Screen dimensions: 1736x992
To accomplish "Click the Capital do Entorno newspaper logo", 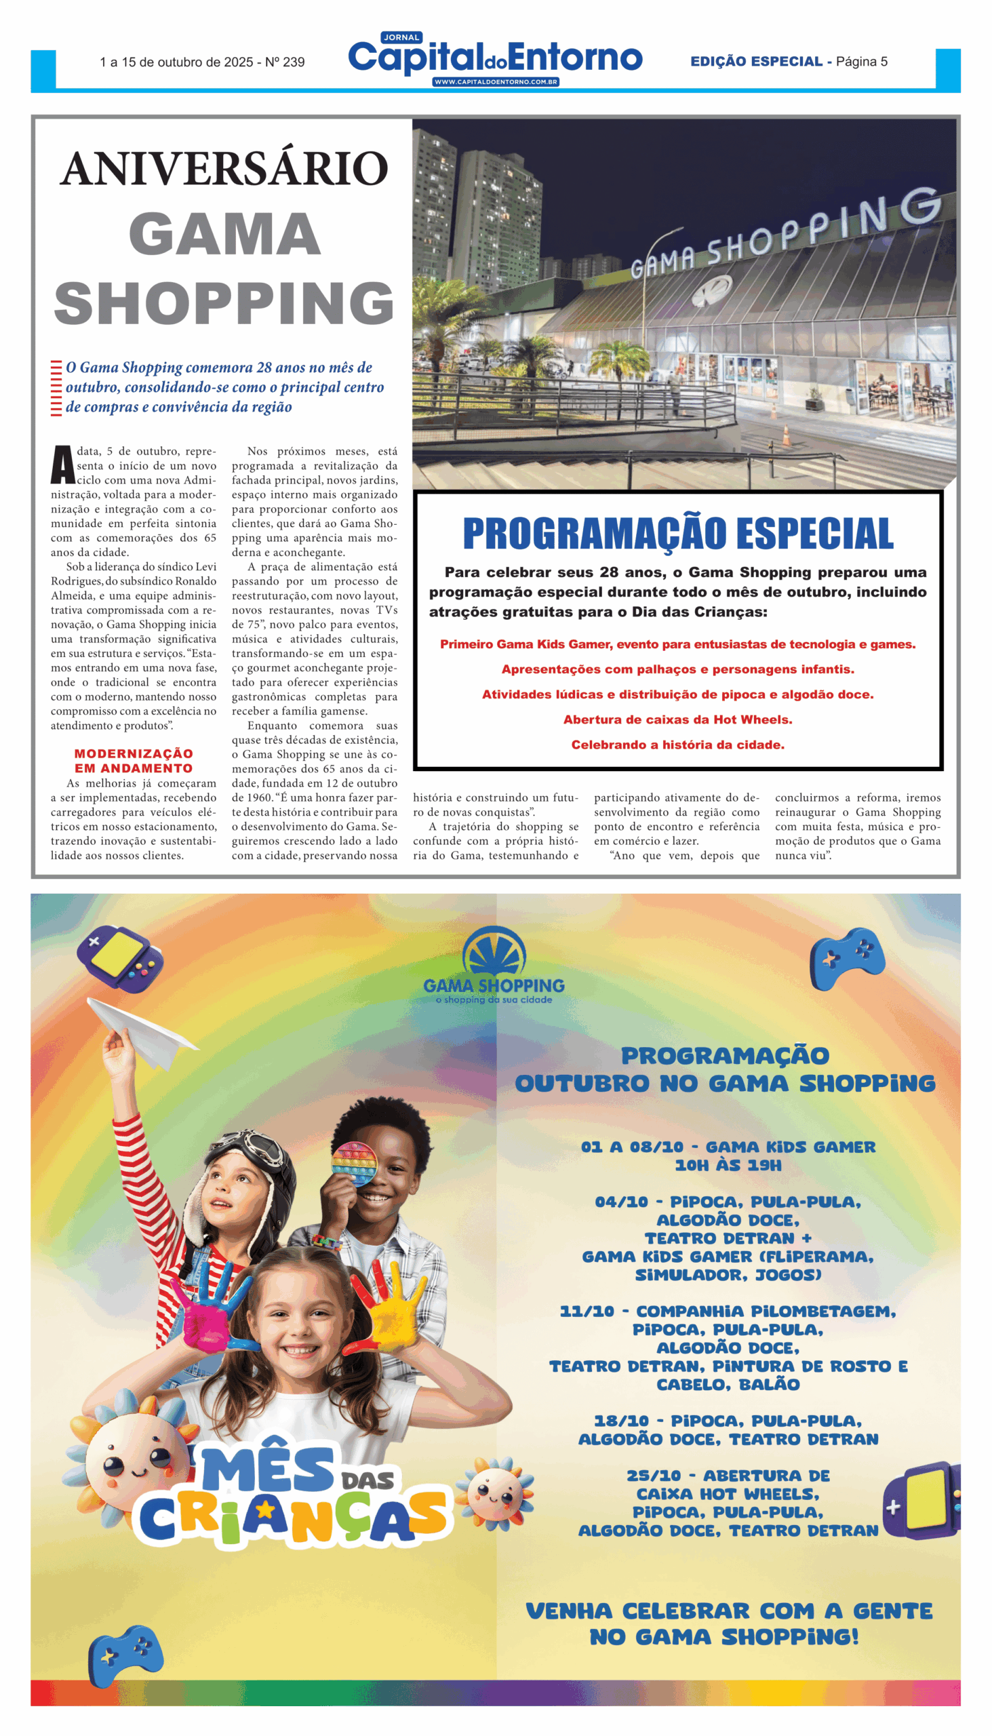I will [495, 57].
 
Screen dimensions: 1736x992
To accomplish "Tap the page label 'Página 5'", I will [861, 62].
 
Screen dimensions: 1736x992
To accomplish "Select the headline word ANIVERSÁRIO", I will [224, 169].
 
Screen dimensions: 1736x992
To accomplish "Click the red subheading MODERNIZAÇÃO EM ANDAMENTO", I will [134, 760].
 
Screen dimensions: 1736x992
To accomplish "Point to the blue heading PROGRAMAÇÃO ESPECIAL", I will [677, 534].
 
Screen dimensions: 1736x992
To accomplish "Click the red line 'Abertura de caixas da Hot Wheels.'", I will [677, 719].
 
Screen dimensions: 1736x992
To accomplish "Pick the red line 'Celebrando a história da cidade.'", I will [677, 745].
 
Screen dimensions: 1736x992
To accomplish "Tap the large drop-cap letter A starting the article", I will [62, 465].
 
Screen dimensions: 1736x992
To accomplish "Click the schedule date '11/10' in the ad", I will [587, 1311].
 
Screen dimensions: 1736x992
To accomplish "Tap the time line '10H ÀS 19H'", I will [728, 1166].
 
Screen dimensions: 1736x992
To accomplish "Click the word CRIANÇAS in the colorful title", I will [293, 1517].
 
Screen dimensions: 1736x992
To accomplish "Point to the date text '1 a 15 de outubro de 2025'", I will [176, 62].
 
